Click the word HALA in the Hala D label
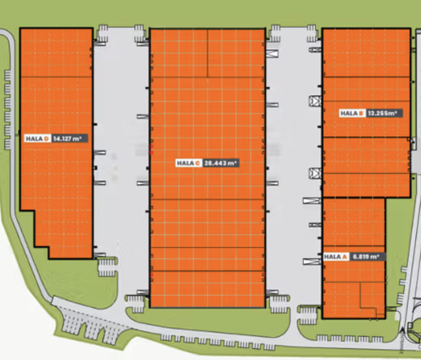pos(34,139)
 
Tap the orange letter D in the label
pos(47,139)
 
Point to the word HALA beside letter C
pos(185,163)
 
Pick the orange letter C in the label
pos(197,163)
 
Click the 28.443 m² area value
pos(221,163)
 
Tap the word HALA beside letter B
pos(349,113)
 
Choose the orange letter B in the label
pos(361,113)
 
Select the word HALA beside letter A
pos(332,257)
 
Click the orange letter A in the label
pos(345,257)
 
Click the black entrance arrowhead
pos(403,330)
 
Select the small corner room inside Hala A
pos(372,295)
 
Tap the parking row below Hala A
pos(349,338)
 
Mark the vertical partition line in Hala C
pos(208,53)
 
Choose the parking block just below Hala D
pos(107,267)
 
